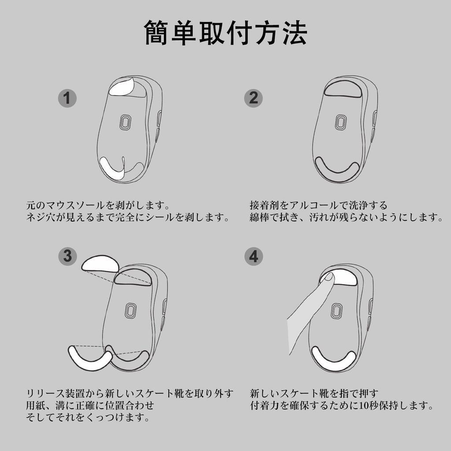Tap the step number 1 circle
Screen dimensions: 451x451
67,98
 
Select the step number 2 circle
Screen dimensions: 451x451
253,98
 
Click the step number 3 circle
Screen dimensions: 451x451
67,256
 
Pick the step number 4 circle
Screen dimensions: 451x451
253,256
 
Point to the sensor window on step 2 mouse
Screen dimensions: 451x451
340,122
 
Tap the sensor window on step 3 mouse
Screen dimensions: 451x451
130,311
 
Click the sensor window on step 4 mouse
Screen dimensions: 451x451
337,310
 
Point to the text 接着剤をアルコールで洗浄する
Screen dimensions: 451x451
318,205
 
